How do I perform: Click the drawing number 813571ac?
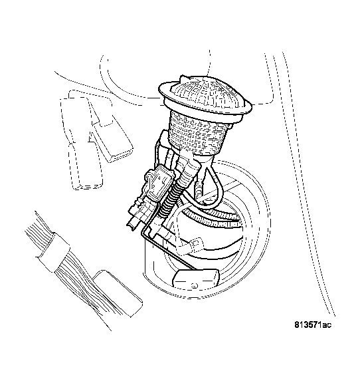pyautogui.click(x=313, y=324)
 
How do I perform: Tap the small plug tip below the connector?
pyautogui.click(x=132, y=223)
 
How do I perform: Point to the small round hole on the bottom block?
pyautogui.click(x=194, y=286)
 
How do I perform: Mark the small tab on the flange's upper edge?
pyautogui.click(x=185, y=79)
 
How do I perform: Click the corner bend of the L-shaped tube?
pyautogui.click(x=143, y=233)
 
